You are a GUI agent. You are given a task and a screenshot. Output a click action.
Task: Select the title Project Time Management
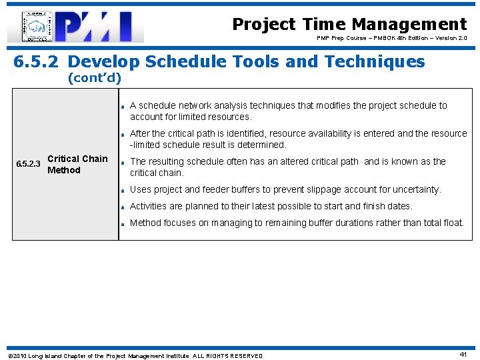click(x=349, y=24)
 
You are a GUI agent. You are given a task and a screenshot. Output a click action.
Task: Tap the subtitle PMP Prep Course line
click(x=392, y=39)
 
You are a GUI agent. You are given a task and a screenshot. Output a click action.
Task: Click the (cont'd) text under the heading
click(x=94, y=78)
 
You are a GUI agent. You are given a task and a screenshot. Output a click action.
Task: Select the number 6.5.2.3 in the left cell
click(x=27, y=164)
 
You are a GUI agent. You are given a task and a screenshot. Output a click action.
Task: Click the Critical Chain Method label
click(x=77, y=164)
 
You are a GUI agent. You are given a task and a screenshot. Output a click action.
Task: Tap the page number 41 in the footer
click(x=463, y=355)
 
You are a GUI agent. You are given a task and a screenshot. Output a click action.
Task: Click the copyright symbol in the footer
click(x=10, y=356)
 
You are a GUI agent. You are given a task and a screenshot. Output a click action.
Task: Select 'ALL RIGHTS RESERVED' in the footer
click(x=227, y=356)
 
